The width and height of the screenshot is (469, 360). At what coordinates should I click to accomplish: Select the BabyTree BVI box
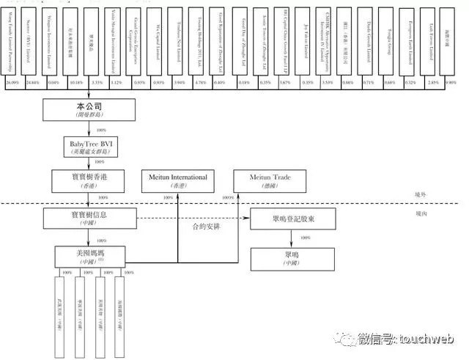coord(89,144)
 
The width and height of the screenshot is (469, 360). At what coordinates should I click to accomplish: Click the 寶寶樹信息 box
coord(89,218)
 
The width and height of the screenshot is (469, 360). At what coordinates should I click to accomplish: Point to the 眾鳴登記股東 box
coord(292,218)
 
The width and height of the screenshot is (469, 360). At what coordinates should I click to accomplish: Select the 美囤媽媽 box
coord(89,255)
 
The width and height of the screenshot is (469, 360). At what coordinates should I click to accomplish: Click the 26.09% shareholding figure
coord(12,84)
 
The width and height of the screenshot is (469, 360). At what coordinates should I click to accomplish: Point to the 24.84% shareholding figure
coord(33,84)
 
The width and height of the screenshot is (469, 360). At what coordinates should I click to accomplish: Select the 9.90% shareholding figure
coord(451,84)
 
